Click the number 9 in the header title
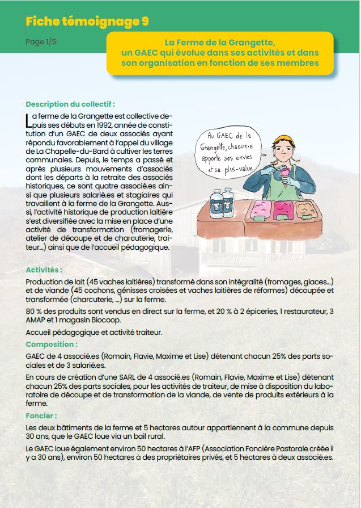(x=145, y=22)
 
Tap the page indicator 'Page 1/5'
(x=41, y=42)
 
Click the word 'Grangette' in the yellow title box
(x=254, y=43)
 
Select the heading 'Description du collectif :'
(x=70, y=104)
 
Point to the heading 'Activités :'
(x=44, y=270)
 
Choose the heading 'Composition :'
(x=52, y=344)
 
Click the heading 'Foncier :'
(x=41, y=415)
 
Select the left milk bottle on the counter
(x=217, y=203)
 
